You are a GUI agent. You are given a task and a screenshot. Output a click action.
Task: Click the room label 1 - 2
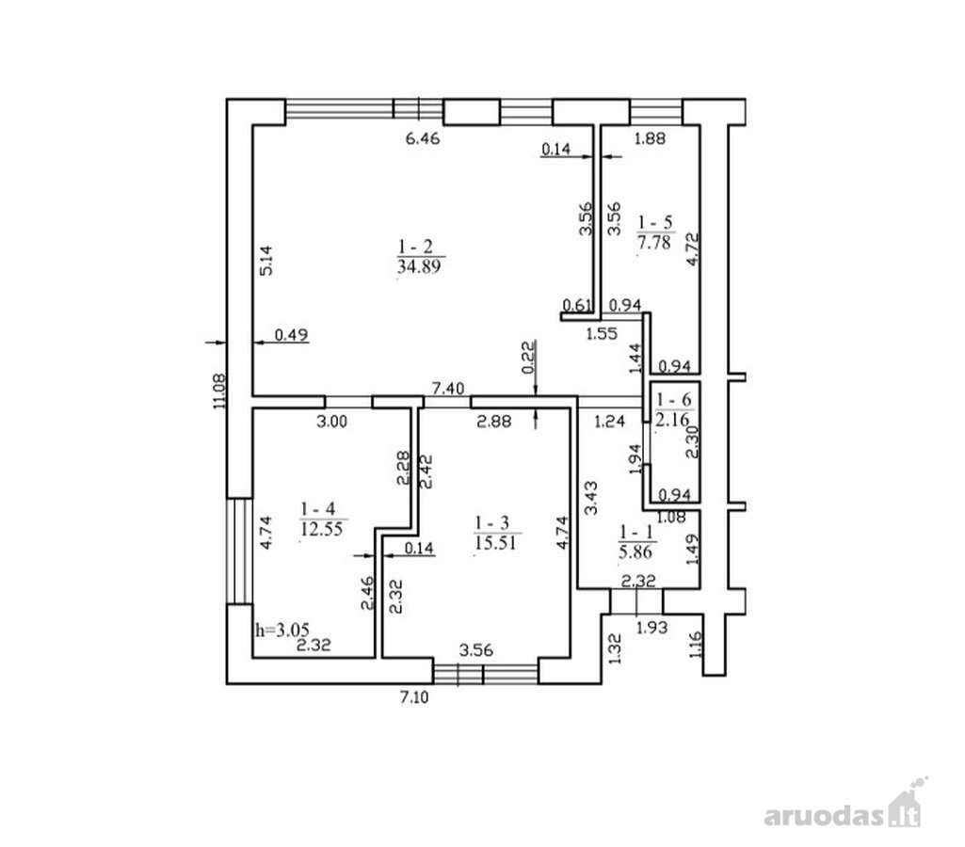point(415,247)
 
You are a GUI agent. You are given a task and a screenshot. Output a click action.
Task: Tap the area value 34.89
point(419,266)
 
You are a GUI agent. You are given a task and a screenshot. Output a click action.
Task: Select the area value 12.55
point(321,529)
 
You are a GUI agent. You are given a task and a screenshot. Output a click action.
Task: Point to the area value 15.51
point(495,542)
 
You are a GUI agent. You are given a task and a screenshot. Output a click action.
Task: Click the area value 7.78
point(653,242)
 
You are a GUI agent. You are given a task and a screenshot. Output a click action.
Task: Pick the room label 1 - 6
point(674,400)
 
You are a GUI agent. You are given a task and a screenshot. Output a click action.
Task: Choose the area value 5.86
point(635,551)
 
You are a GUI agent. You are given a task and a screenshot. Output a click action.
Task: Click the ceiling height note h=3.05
point(282,630)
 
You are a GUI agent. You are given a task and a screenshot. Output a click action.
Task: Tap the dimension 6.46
point(423,138)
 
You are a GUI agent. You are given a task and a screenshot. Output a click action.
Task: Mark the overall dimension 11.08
point(219,392)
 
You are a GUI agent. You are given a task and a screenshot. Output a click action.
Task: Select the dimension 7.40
point(448,388)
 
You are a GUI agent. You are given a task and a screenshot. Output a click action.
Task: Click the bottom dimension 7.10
point(414,697)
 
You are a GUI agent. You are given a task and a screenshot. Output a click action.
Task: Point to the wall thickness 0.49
point(291,335)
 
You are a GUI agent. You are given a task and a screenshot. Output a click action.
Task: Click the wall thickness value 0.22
point(529,358)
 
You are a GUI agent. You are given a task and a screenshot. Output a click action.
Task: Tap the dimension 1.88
point(650,138)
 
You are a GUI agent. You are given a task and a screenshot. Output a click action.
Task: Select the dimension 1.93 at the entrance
point(651,628)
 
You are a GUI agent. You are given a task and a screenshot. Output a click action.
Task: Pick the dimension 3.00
point(331,422)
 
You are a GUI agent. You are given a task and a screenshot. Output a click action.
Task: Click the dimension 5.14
point(265,261)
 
